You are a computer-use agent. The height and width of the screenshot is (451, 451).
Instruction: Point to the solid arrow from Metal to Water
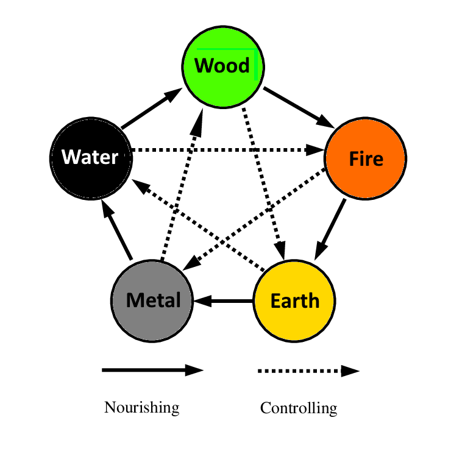click(116, 230)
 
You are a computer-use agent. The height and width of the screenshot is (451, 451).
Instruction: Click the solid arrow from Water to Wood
click(151, 108)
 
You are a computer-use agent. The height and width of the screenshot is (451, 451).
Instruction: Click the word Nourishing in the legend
click(141, 407)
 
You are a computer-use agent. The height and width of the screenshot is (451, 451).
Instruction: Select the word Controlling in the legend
click(299, 408)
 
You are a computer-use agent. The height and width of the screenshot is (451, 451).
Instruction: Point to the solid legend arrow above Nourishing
click(152, 370)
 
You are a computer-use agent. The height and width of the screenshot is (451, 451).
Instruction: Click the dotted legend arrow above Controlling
click(308, 371)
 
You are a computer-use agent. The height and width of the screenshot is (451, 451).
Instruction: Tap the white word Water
click(90, 157)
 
